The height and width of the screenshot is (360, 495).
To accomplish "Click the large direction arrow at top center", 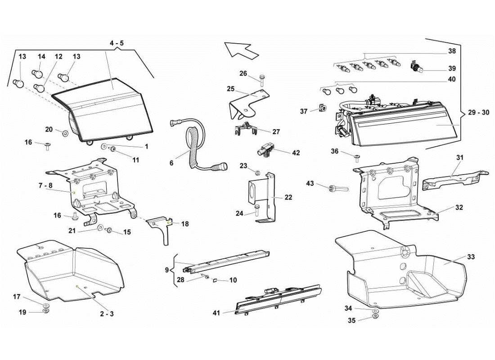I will pyautogui.click(x=241, y=49).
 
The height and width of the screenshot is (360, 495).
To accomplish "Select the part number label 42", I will pyautogui.click(x=296, y=153).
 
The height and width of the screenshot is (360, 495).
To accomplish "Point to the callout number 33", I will pyautogui.click(x=471, y=257).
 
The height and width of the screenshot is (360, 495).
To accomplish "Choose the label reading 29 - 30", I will pyautogui.click(x=478, y=112).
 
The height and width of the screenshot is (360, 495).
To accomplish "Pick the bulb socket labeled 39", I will pyautogui.click(x=416, y=68).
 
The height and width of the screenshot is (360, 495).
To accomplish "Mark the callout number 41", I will pyautogui.click(x=216, y=313).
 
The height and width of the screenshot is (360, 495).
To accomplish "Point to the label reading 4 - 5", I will pyautogui.click(x=116, y=43).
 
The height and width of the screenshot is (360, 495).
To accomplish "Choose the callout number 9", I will pyautogui.click(x=167, y=270).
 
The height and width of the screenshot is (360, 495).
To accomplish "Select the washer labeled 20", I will pyautogui.click(x=66, y=134).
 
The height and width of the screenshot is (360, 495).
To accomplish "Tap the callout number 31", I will pyautogui.click(x=459, y=157).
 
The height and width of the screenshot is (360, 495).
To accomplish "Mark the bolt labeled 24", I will pyautogui.click(x=256, y=212).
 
